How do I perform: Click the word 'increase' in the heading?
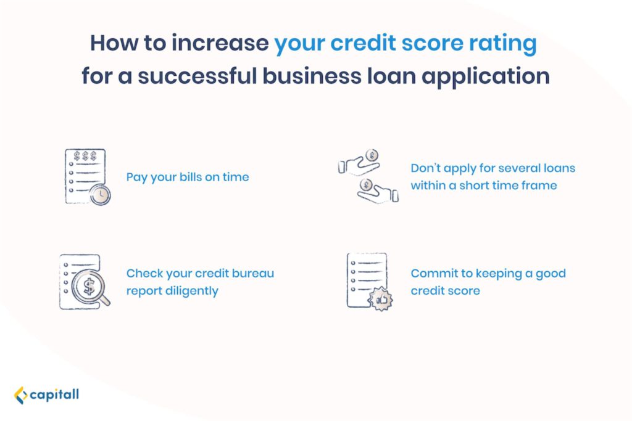[x=220, y=43]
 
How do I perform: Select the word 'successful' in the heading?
[x=197, y=76]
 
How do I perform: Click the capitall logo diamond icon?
[x=20, y=395]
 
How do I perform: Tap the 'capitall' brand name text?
[x=54, y=394]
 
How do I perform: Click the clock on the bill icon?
[x=100, y=195]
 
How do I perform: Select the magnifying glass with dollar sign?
[x=90, y=287]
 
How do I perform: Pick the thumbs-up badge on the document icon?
[x=381, y=299]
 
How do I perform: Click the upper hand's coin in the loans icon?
[x=372, y=155]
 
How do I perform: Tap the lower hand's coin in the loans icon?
[x=367, y=185]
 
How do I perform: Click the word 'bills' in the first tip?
[x=191, y=177]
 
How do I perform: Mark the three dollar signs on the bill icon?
[x=85, y=156]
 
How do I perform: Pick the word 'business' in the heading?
[x=312, y=76]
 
